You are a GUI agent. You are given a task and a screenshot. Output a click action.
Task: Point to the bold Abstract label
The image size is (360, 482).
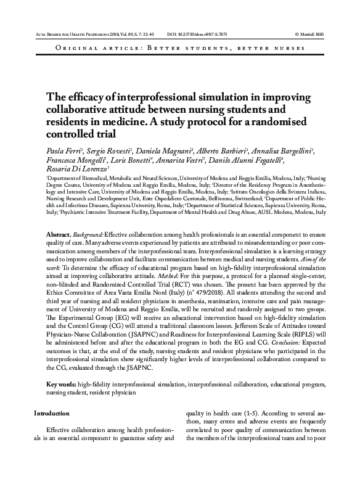(60, 236)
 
